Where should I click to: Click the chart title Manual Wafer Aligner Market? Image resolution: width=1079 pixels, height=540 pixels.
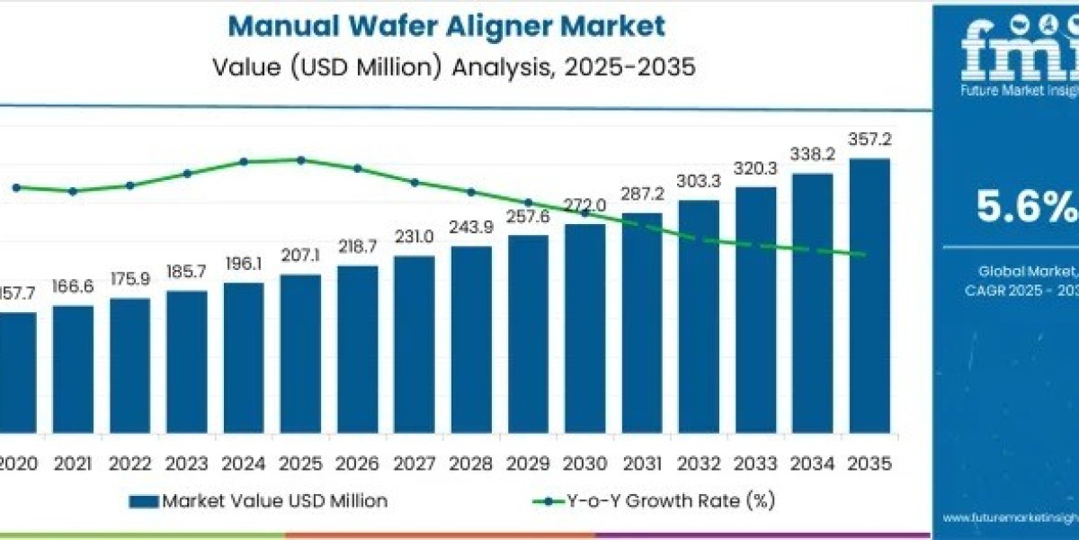(446, 26)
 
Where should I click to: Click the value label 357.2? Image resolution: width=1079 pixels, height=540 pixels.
(869, 139)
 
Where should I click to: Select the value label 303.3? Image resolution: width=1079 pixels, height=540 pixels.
(699, 181)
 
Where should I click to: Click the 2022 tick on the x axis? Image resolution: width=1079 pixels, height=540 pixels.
(129, 464)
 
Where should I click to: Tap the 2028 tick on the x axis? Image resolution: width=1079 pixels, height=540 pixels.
(471, 464)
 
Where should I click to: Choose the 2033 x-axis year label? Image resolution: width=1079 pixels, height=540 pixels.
(755, 464)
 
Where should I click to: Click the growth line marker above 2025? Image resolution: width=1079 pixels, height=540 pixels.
(300, 160)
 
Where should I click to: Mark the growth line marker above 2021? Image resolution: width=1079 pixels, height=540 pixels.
(73, 191)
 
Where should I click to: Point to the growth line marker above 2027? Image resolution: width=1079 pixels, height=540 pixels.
(415, 182)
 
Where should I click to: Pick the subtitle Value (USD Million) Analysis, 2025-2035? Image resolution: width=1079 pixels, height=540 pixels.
(453, 68)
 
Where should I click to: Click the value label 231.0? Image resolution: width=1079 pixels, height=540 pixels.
(415, 236)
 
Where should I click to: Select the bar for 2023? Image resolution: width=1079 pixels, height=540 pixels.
(187, 368)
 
